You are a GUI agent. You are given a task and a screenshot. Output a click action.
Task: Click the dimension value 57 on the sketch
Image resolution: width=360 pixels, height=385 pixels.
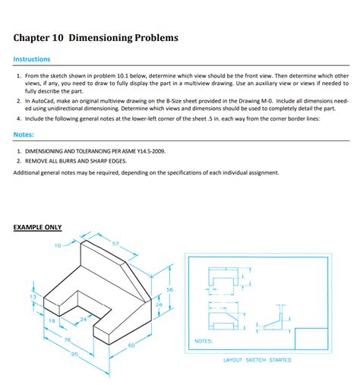[115, 243]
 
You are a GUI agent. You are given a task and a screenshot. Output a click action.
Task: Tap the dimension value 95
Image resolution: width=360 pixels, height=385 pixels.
[74, 355]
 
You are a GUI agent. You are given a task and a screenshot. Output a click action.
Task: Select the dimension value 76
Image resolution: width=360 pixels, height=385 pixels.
[67, 339]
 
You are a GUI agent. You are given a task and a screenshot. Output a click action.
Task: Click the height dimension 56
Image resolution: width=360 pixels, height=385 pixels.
[169, 290]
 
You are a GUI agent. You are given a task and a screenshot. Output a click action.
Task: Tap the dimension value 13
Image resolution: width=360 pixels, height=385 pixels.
[33, 295]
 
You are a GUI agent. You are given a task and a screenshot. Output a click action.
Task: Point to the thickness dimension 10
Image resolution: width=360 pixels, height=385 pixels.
[58, 245]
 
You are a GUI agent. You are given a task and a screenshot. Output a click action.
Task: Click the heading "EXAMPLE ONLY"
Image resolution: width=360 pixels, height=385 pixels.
[38, 227]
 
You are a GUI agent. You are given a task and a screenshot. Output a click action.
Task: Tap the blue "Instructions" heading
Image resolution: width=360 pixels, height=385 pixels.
[32, 58]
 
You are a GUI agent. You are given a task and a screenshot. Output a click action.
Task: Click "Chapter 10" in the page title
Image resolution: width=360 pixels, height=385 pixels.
[39, 36]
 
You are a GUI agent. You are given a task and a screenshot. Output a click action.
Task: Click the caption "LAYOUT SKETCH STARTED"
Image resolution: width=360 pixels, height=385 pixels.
[257, 360]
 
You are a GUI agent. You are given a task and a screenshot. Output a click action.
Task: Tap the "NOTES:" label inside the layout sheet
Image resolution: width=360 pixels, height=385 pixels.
[204, 341]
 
